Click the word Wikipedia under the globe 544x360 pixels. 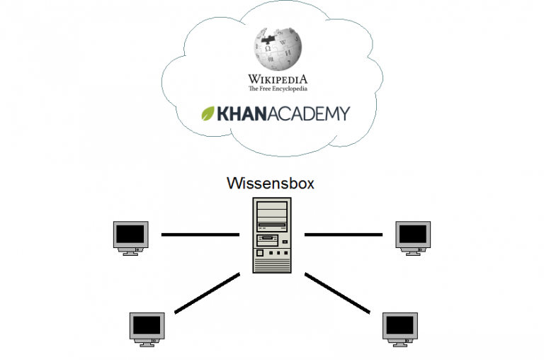(278, 79)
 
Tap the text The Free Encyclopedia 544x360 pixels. (278, 89)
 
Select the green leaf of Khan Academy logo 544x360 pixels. (209, 113)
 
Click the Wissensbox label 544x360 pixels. (271, 183)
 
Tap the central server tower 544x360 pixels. (272, 235)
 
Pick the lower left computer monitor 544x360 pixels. (147, 327)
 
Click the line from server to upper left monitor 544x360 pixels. (200, 234)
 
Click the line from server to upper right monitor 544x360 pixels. (343, 234)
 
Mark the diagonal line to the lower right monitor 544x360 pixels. (337, 292)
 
